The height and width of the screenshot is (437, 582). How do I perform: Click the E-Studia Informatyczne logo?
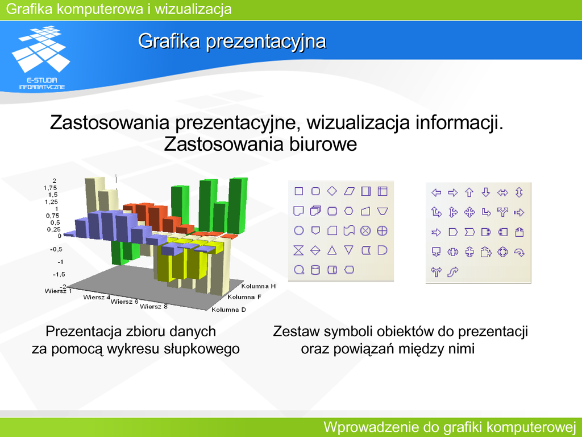click(41, 57)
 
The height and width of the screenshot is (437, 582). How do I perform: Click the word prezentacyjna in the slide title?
click(266, 41)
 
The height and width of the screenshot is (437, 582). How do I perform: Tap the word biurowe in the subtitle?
click(323, 144)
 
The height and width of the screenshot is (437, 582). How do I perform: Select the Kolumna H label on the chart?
click(259, 286)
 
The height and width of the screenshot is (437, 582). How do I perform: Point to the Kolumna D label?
click(228, 310)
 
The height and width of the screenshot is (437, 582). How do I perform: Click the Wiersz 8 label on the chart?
click(153, 307)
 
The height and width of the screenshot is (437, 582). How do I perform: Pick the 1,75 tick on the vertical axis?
click(51, 188)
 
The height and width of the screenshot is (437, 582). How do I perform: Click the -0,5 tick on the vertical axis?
click(56, 249)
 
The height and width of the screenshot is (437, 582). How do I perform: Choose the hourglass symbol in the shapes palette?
click(298, 250)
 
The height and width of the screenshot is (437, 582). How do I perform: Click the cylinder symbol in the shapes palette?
click(315, 270)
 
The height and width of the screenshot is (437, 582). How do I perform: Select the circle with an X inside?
click(365, 231)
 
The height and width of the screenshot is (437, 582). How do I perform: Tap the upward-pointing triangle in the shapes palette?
click(332, 250)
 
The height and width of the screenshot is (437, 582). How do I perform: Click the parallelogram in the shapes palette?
click(350, 191)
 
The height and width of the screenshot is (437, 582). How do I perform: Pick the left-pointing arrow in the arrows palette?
click(436, 192)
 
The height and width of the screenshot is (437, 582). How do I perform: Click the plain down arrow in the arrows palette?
click(486, 192)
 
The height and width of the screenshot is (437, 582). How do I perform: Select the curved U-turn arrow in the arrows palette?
click(519, 253)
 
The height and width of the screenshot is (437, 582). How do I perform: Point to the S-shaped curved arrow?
click(453, 273)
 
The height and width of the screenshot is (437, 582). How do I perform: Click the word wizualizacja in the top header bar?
click(193, 9)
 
